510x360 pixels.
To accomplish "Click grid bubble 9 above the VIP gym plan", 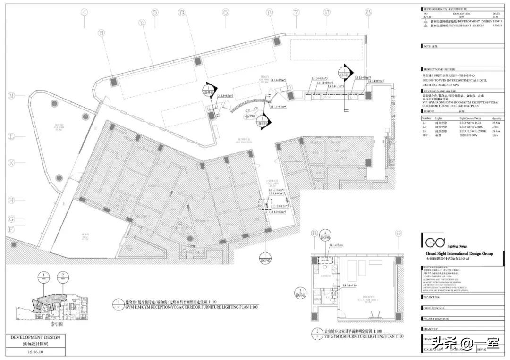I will coord(398,233).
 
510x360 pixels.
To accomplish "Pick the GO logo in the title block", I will coord(432,242).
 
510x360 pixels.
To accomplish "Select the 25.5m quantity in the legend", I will coord(496,123).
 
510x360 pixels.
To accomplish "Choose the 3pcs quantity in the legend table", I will coord(496,135).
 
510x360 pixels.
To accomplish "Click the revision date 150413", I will coord(497,21).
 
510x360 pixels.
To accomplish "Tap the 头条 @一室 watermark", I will coord(467,342).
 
